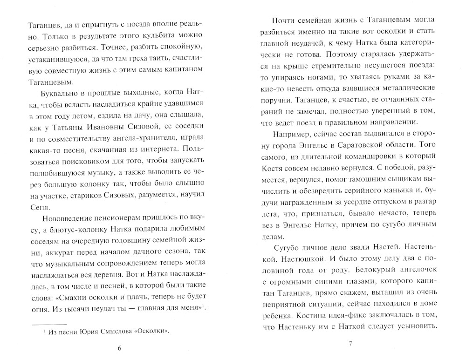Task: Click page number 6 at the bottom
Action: click(x=119, y=348)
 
